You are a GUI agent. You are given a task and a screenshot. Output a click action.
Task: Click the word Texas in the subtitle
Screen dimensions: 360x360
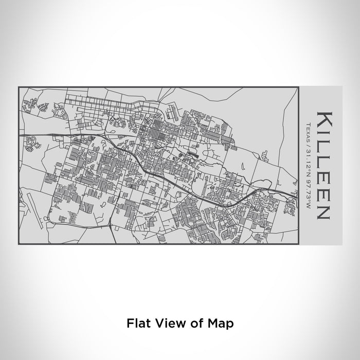click(x=307, y=130)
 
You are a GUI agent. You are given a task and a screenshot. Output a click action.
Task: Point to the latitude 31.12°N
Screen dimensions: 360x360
click(x=307, y=157)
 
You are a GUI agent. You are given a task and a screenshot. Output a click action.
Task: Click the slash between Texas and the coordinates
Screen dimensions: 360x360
click(x=307, y=141)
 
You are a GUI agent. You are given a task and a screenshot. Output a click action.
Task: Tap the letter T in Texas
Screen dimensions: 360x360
click(x=307, y=123)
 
